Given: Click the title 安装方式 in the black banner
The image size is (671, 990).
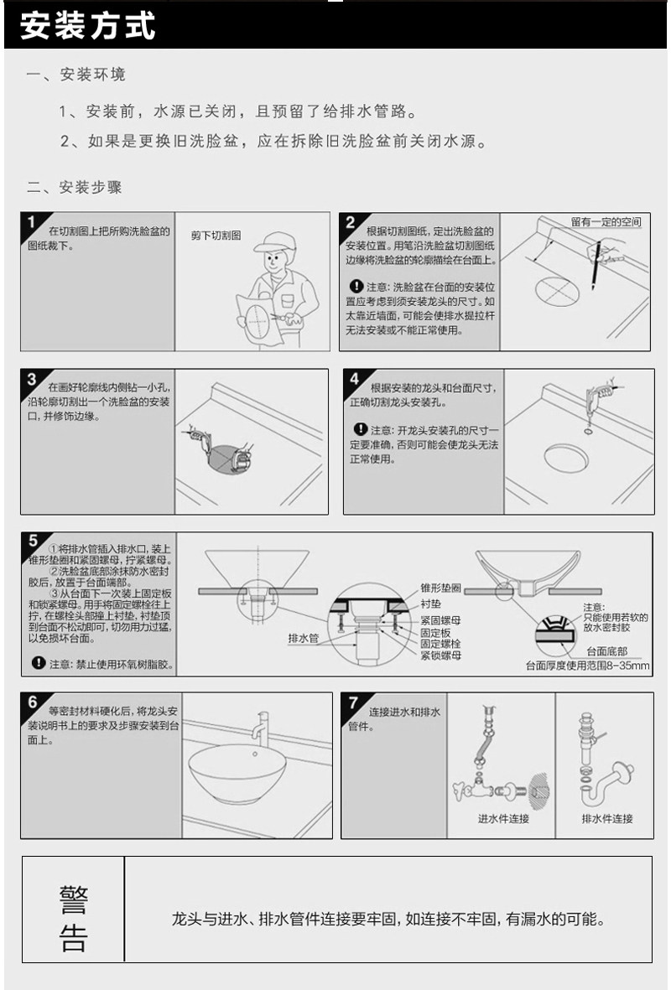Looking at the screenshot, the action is pos(88,26).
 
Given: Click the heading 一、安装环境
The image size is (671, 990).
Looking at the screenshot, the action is pos(76,75).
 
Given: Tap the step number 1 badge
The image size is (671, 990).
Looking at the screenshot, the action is pos(32,222).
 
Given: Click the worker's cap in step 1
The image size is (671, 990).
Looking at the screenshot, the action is pos(273,241).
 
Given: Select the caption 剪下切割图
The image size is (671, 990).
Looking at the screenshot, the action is pos(216,236).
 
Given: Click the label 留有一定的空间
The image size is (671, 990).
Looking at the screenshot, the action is pos(606,222).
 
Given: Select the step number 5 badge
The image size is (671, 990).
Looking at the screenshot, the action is pos(32,541).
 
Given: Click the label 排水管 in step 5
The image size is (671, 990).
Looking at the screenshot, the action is pos(304,638).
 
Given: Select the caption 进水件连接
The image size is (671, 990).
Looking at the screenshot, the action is pos(503,818).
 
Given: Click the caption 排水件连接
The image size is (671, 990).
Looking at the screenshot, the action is pos(607,818).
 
